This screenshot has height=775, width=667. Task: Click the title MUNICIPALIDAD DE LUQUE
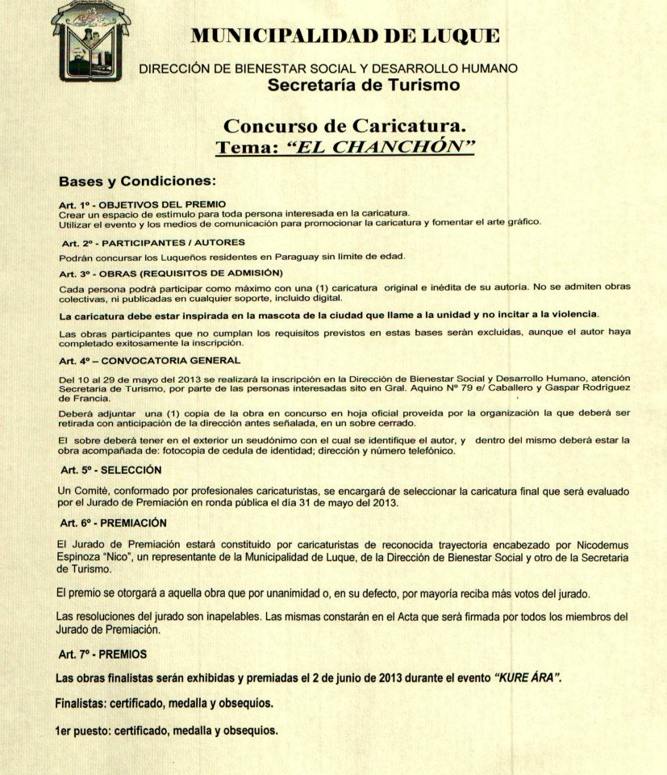pos(344,36)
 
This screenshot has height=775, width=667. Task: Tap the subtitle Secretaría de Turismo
pos(364,85)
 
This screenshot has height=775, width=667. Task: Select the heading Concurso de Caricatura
pos(344,126)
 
